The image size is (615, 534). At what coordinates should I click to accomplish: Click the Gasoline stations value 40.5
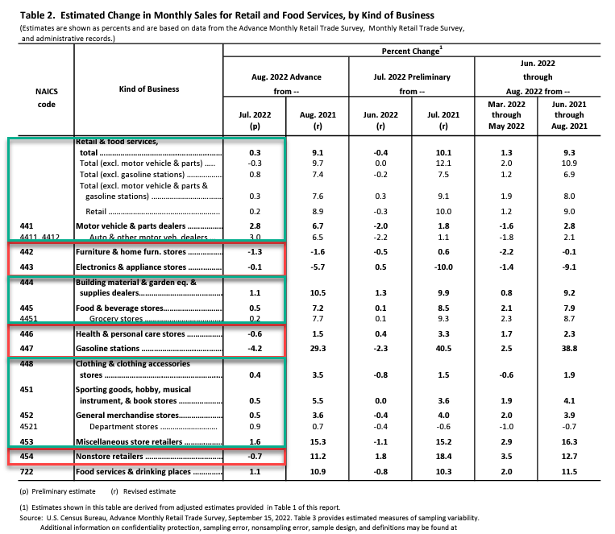[x=443, y=349]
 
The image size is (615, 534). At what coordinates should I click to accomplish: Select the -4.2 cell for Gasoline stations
[x=255, y=349]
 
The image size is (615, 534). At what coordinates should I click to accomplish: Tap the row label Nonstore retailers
[x=110, y=457]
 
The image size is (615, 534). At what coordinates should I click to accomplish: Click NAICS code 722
[x=27, y=472]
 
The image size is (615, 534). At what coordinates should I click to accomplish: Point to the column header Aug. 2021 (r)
[x=318, y=120]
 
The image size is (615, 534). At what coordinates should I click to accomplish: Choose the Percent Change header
[x=412, y=51]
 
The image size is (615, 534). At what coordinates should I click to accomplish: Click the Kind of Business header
[x=149, y=89]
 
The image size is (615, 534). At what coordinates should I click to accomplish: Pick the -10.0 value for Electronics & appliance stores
[x=443, y=267]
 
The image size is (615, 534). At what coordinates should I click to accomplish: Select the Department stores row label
[x=124, y=427]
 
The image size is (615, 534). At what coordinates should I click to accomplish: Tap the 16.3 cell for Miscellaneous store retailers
[x=569, y=442]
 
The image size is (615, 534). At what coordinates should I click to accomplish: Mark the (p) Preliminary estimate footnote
[x=57, y=491]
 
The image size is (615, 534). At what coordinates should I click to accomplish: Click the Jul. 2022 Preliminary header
[x=412, y=77]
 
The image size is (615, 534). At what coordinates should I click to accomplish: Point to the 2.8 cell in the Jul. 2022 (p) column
[x=255, y=226]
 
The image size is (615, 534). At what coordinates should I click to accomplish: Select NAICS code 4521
[x=29, y=427]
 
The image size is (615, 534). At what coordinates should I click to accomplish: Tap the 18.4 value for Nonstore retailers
[x=443, y=457]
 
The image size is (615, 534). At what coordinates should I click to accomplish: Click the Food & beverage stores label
[x=119, y=308]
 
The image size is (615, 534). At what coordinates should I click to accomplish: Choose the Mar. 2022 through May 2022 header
[x=506, y=115]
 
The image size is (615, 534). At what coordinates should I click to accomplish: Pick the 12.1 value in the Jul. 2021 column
[x=443, y=164]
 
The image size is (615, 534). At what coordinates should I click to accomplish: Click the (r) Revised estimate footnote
[x=143, y=491]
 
